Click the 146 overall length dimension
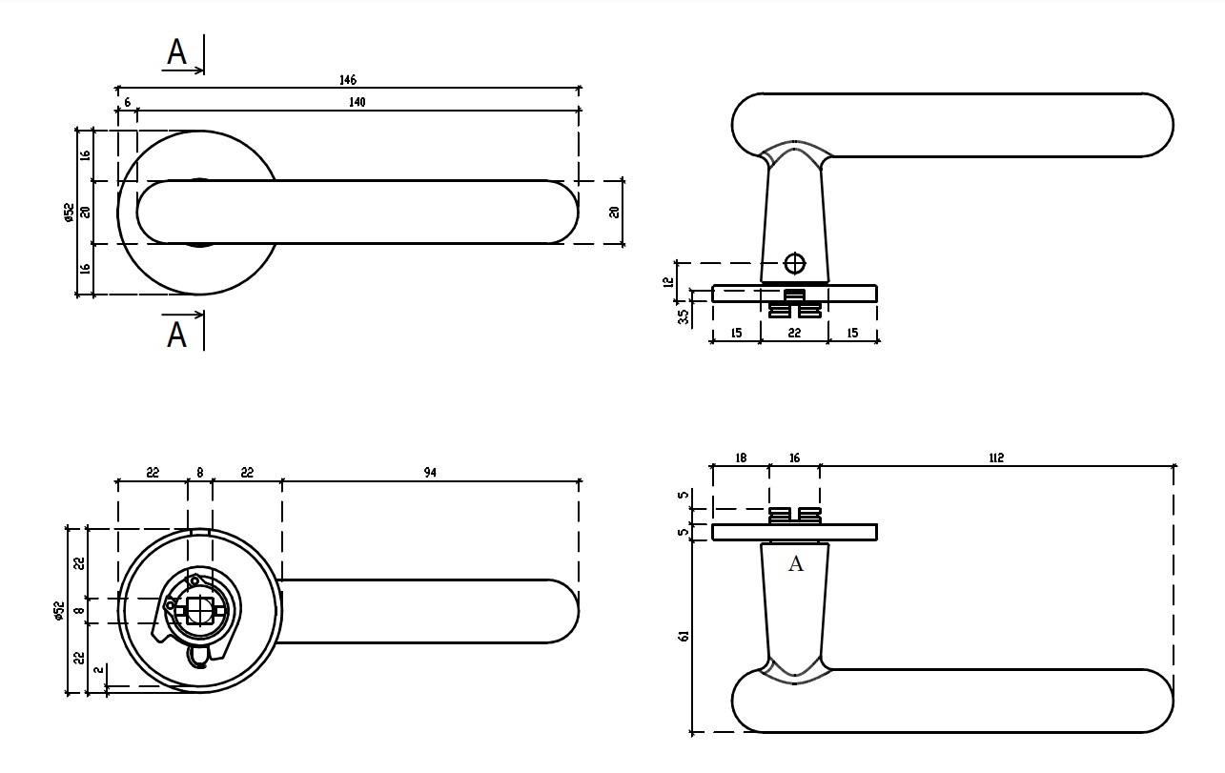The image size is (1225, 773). (x=347, y=81)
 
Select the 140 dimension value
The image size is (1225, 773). (x=357, y=102)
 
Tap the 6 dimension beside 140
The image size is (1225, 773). (x=126, y=102)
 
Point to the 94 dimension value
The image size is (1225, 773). (x=430, y=473)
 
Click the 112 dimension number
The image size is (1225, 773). (x=996, y=458)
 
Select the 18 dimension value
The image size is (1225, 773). (x=741, y=458)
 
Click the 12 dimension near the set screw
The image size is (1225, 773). (x=668, y=281)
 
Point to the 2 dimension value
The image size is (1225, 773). (x=98, y=670)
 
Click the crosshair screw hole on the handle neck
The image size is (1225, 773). (x=794, y=263)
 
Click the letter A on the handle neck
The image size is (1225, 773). (x=796, y=564)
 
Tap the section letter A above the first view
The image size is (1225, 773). (x=176, y=52)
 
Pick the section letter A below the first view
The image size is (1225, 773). (x=176, y=335)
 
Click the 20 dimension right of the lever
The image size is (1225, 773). (x=615, y=212)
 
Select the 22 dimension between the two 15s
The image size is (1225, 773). (x=794, y=334)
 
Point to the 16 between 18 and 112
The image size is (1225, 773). (x=794, y=458)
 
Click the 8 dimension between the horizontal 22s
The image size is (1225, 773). (x=199, y=473)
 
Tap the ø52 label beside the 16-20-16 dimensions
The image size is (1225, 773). (x=69, y=212)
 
